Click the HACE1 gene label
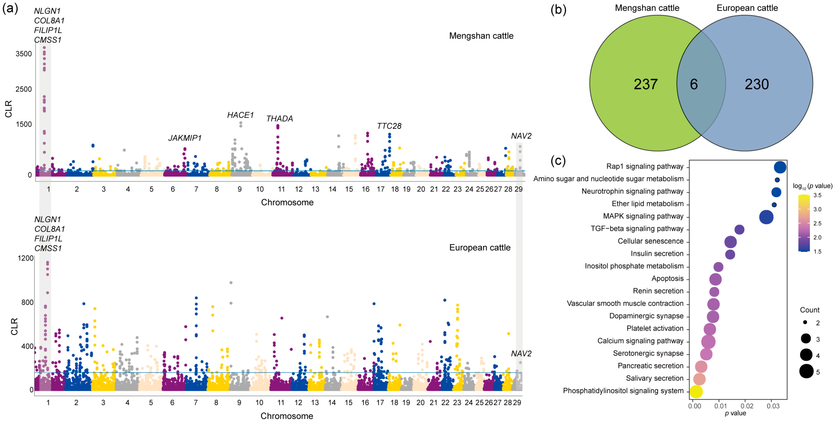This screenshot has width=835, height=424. pos(240,115)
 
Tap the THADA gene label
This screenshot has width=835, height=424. pos(279,119)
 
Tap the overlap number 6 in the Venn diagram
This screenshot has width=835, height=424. pos(694,84)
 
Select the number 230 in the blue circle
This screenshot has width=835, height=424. pos(757,84)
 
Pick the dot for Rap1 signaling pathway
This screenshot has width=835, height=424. pos(780,167)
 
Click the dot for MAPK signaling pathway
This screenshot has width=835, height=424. pos(766,217)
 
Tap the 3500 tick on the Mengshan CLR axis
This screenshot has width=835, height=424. pos(24,54)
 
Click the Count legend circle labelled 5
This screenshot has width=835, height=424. pos(806,371)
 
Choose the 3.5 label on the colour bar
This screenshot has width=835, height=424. pos(817,195)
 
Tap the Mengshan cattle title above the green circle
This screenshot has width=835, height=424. pos(647,8)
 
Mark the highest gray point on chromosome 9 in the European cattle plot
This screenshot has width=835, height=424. pos(231,283)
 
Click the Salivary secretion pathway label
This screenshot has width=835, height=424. pos(654,378)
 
